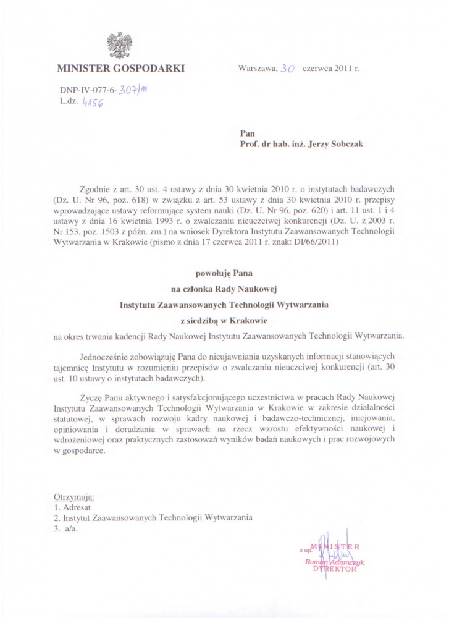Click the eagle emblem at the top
click(x=120, y=45)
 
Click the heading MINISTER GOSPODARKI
click(x=120, y=68)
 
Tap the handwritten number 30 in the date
click(x=287, y=69)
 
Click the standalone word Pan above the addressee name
click(x=246, y=133)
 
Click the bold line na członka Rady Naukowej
click(x=225, y=288)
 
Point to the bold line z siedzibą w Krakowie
click(x=225, y=321)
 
